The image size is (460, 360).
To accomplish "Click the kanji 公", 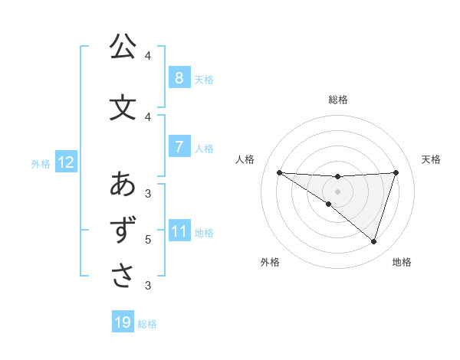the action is click(122, 47).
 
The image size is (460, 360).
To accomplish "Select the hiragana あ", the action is click(122, 185).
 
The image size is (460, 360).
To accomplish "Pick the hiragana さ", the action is click(122, 276).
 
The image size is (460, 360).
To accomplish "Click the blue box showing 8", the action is click(179, 77).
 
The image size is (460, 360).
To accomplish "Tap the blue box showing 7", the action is click(179, 146).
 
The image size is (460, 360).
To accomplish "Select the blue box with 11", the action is click(179, 231).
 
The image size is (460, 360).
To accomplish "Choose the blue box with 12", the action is click(65, 162).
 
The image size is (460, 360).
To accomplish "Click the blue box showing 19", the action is click(123, 322).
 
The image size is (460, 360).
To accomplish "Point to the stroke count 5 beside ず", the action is click(148, 240).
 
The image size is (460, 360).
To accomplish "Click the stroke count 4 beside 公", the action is click(148, 56).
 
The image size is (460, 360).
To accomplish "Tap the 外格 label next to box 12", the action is click(41, 163).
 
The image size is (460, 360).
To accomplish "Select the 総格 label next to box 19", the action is click(148, 324).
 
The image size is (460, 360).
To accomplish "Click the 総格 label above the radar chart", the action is click(338, 100).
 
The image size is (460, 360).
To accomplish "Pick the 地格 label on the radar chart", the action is click(402, 262).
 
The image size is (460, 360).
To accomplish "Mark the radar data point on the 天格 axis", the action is click(396, 172).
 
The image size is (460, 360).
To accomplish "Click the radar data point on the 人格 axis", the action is click(279, 172).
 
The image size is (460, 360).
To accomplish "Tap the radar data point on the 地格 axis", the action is click(373, 241).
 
